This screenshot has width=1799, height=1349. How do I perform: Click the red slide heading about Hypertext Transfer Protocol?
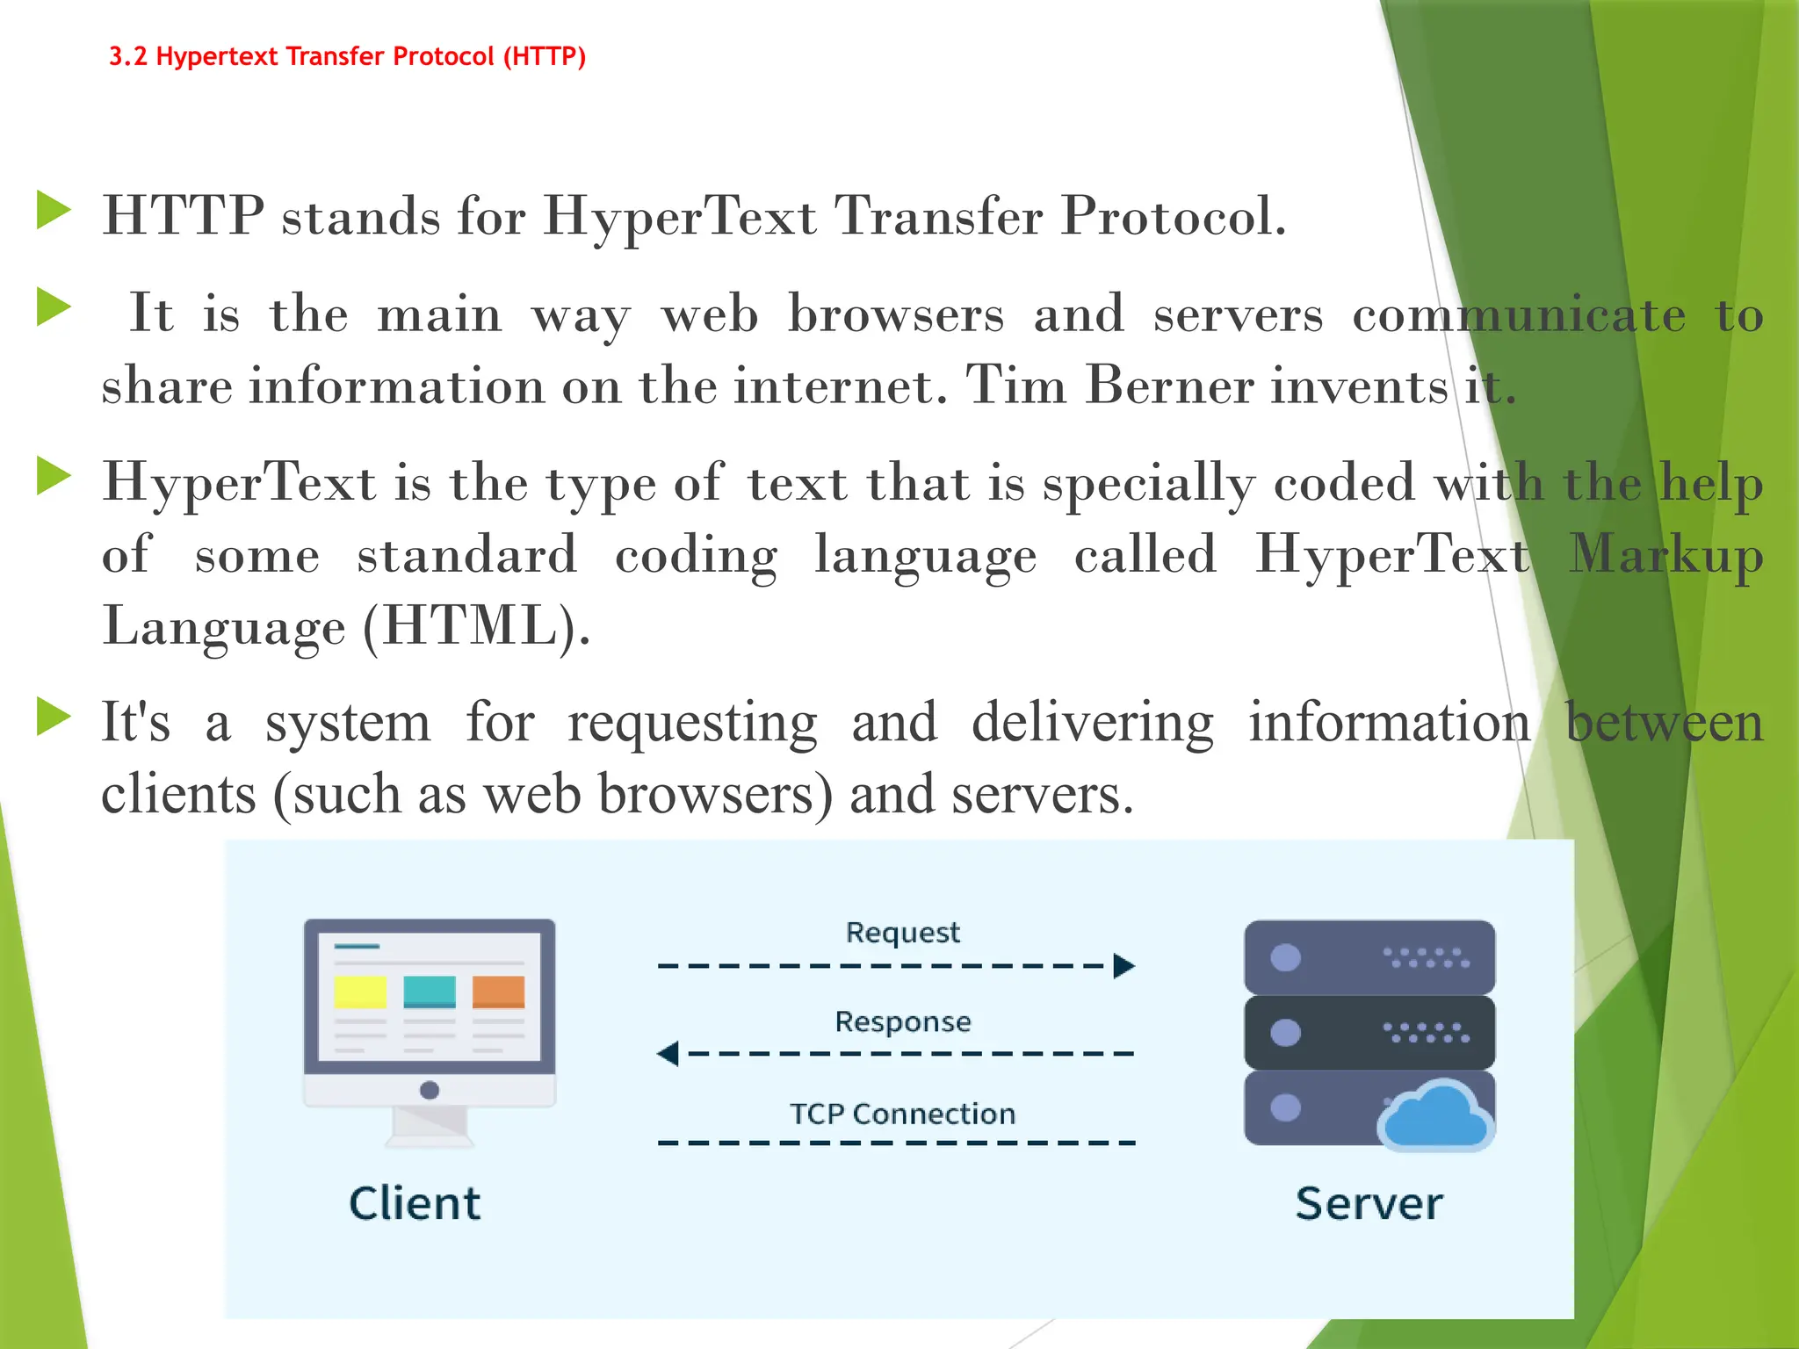coord(347,57)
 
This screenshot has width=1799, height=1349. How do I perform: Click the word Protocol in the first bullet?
coord(1173,216)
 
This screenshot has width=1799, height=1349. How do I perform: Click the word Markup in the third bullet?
coord(1665,556)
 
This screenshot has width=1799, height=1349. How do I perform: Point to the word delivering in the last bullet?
coord(1093,723)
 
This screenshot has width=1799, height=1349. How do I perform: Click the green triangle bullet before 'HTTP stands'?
coord(54,212)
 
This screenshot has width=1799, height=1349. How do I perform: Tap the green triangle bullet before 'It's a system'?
coord(54,717)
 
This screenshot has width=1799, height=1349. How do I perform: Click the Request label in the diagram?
coord(902,933)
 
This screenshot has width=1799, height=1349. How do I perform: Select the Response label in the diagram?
coord(902,1022)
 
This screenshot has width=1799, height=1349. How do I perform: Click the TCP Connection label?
coord(902,1115)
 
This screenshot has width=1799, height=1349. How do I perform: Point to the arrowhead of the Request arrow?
coord(1123,966)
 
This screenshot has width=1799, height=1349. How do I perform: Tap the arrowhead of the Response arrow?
coord(668,1053)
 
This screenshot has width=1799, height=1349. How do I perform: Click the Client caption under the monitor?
coord(415,1204)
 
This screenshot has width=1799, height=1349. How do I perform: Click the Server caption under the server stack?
coord(1369,1204)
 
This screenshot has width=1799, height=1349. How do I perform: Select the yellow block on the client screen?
coord(360,992)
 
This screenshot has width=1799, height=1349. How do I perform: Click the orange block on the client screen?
coord(498,992)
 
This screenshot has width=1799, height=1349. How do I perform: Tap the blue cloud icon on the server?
coord(1434,1117)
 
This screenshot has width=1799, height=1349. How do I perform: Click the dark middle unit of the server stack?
coord(1369,1033)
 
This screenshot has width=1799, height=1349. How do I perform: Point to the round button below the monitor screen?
coord(430,1091)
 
